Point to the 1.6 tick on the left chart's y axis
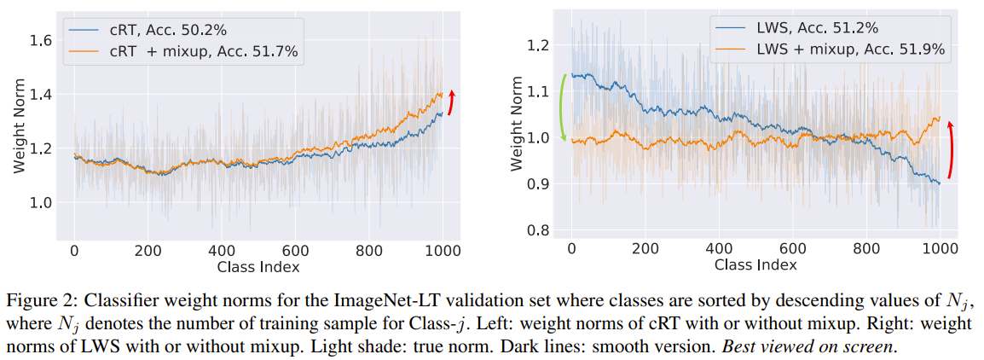click(42, 40)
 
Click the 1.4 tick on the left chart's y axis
click(42, 94)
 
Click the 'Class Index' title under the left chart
click(258, 267)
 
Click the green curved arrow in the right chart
click(562, 107)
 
